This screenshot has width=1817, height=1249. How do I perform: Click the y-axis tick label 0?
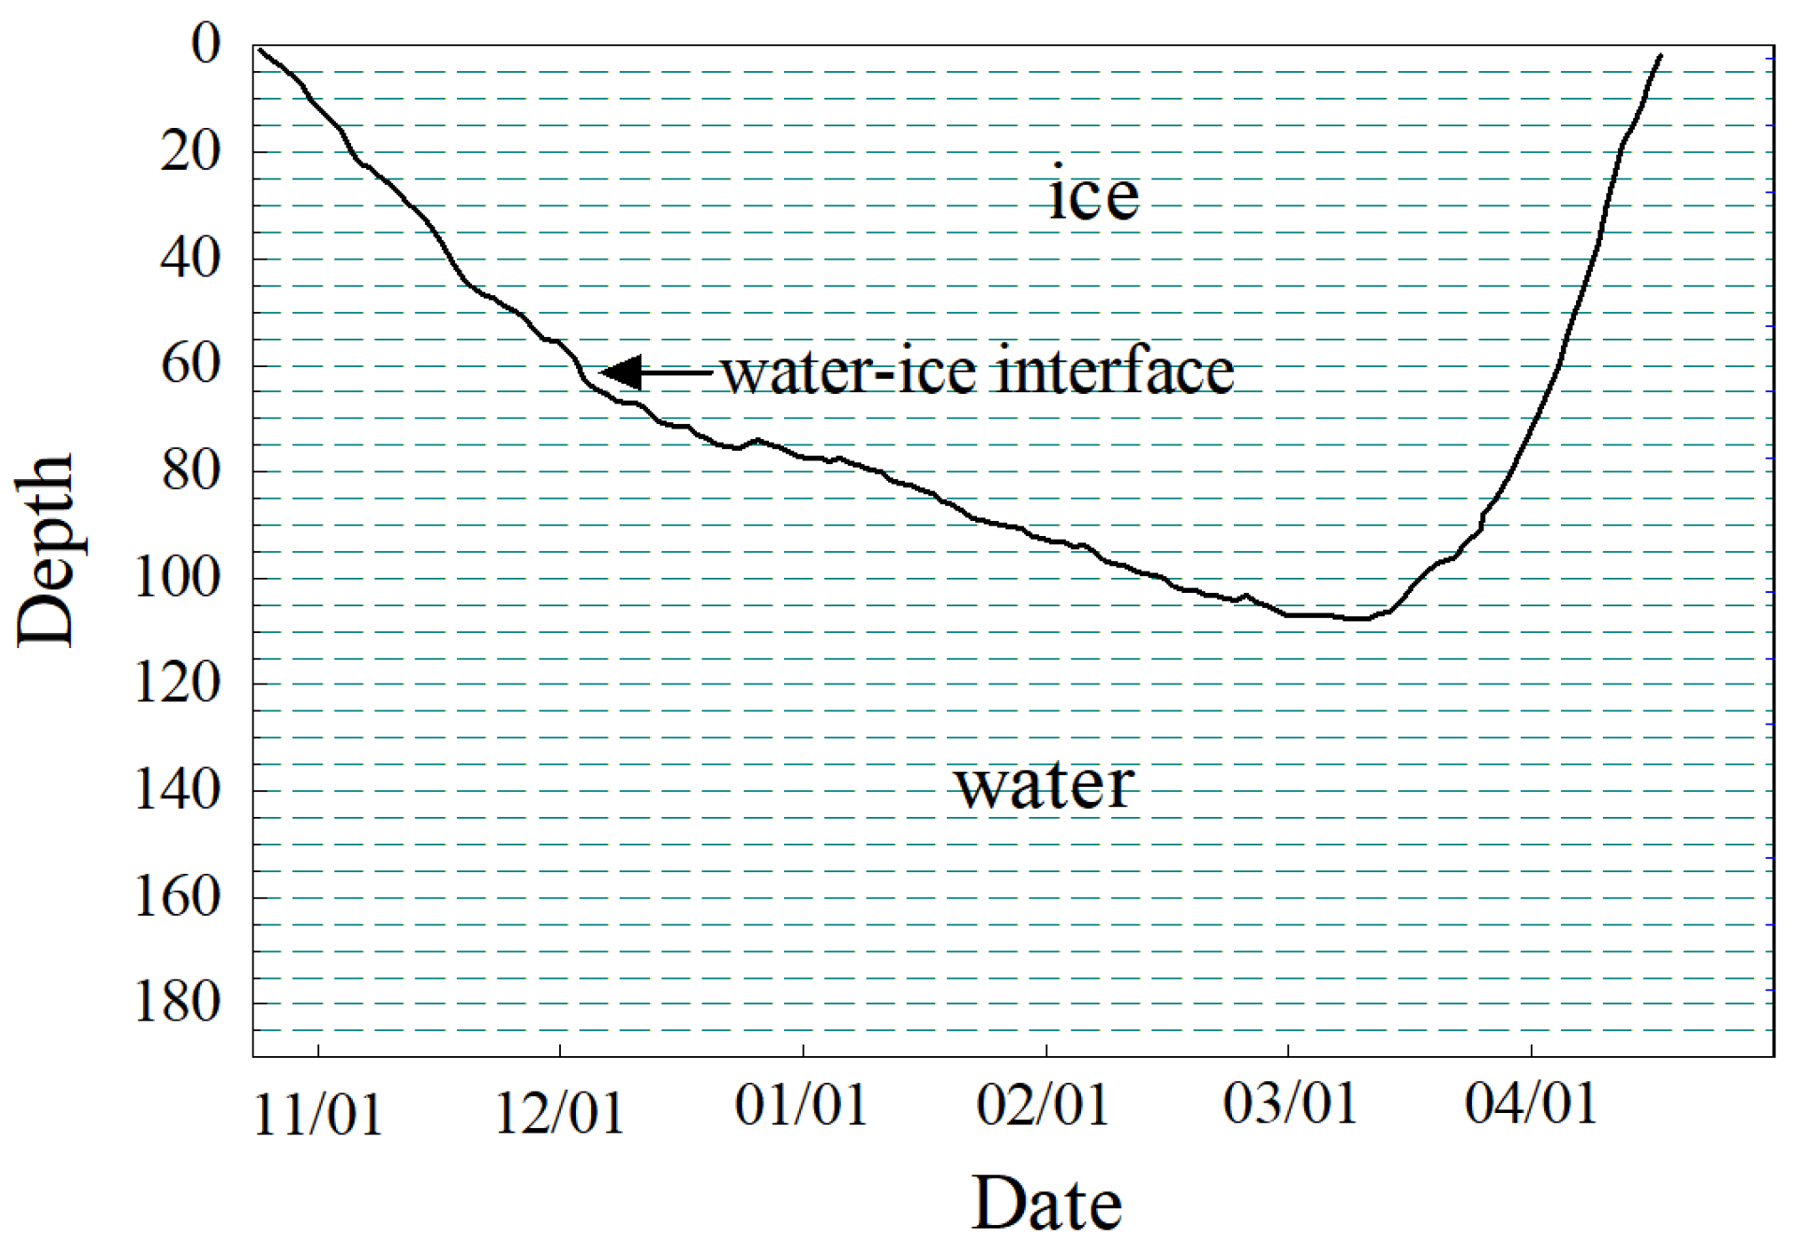[206, 44]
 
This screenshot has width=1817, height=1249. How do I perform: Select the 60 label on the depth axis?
[190, 364]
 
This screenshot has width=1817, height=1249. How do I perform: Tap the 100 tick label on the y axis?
[177, 578]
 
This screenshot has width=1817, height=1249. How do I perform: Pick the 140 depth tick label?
[177, 789]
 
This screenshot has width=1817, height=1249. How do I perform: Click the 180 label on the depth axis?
[177, 1003]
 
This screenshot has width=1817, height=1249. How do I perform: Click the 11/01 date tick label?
[318, 1114]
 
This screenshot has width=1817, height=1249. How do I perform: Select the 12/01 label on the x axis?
[559, 1112]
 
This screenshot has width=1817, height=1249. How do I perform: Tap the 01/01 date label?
[801, 1106]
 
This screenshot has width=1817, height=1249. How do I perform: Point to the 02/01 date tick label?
[1044, 1106]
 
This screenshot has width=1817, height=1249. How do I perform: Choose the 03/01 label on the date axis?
[1290, 1104]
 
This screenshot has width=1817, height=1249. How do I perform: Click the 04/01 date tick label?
[1531, 1104]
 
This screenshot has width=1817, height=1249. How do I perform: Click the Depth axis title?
[44, 551]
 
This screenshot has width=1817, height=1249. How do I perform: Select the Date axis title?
[1046, 1204]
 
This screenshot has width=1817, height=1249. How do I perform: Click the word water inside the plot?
[1045, 784]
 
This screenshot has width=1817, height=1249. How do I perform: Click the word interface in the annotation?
[1115, 371]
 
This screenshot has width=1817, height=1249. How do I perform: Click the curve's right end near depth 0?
[1659, 56]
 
